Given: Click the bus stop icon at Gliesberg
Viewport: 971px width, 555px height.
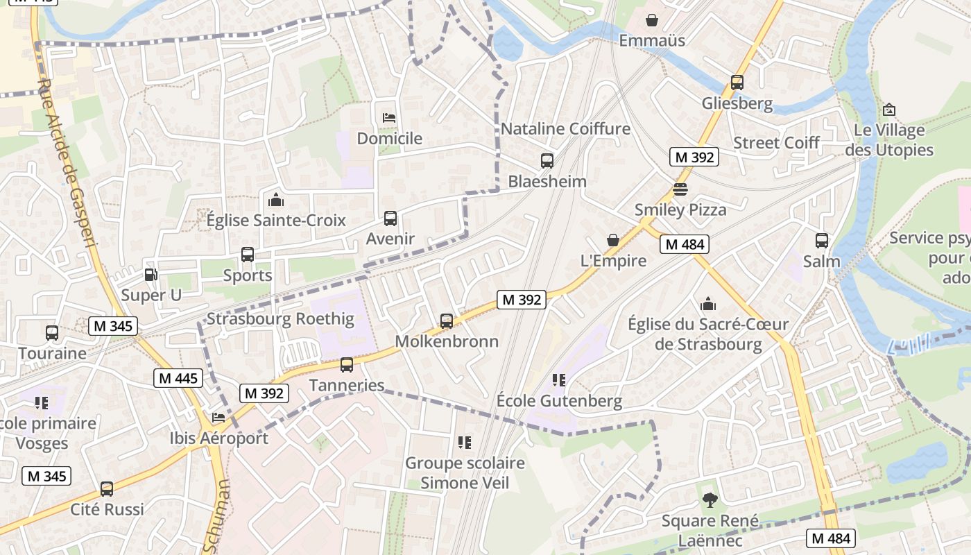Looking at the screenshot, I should (737, 83).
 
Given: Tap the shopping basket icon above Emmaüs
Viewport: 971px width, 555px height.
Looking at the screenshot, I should (651, 19).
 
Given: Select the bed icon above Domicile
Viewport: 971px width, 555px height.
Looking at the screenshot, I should (389, 117).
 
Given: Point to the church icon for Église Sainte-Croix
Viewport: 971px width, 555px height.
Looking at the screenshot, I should (275, 200).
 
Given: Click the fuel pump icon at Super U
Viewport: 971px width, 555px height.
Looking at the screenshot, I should (151, 275).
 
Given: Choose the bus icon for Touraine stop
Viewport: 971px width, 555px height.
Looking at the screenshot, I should (52, 332).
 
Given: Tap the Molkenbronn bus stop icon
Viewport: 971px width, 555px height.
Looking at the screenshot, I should (447, 321).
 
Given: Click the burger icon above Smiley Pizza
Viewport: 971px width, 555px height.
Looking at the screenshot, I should (680, 189).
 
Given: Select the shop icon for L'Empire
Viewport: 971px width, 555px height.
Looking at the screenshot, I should (613, 240).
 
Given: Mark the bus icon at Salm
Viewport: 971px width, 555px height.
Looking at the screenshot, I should (821, 241).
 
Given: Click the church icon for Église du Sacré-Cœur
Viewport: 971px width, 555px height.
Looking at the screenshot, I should (707, 303).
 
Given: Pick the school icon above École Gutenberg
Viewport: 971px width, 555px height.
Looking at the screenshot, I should (558, 380).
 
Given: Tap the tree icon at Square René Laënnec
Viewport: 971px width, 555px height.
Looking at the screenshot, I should (709, 499).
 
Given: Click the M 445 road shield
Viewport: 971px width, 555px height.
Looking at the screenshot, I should (178, 378).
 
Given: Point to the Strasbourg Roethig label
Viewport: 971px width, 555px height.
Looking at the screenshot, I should (280, 319).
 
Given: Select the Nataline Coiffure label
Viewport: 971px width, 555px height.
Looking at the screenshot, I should (565, 128).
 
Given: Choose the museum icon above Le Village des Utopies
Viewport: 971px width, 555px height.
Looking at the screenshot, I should (888, 110).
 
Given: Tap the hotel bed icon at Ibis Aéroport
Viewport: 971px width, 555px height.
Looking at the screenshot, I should (218, 418).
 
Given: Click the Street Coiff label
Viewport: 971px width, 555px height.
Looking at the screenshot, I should (776, 142).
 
